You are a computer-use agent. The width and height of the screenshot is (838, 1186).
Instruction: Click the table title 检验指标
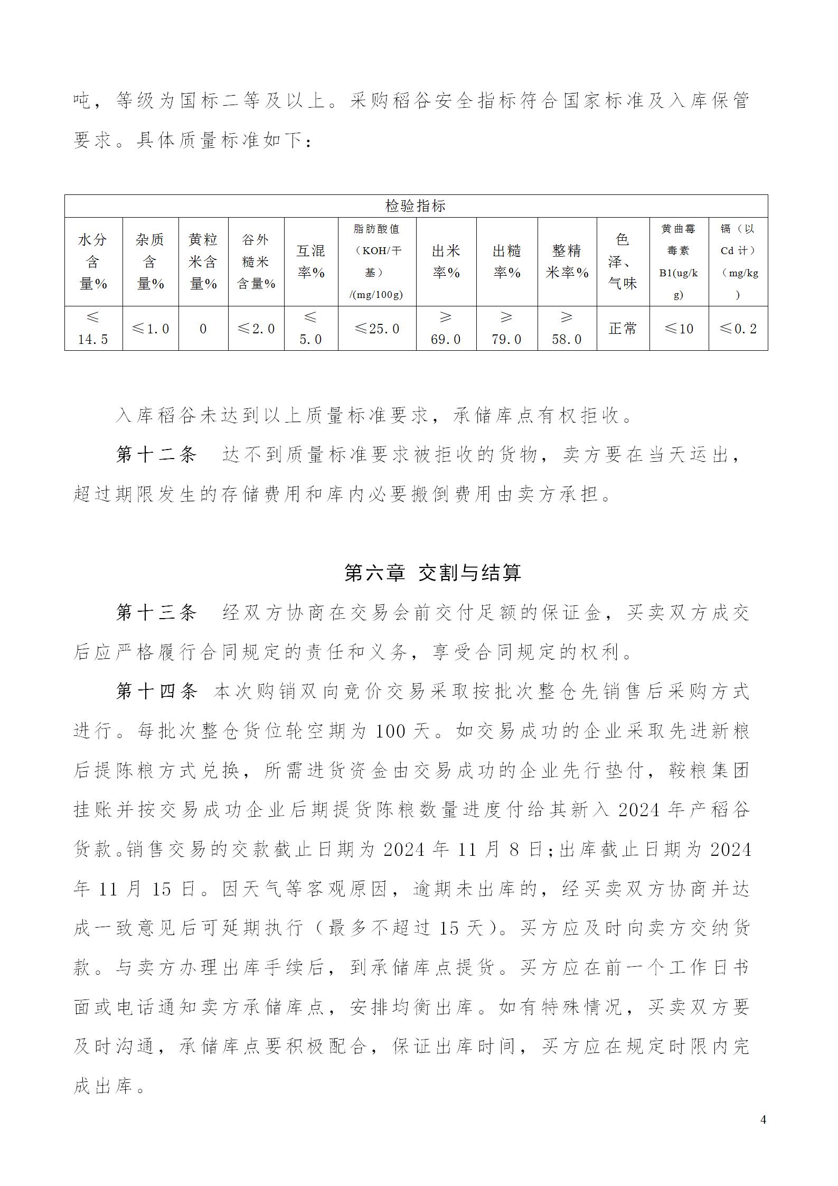[416, 206]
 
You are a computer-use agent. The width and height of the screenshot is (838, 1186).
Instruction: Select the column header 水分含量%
[93, 262]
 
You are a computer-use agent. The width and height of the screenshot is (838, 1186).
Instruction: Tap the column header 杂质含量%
[150, 262]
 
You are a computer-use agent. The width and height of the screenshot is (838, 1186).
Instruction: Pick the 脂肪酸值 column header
[376, 262]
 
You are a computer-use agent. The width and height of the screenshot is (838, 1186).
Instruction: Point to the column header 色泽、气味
[623, 262]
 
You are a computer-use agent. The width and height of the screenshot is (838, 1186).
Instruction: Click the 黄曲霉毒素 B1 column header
[679, 262]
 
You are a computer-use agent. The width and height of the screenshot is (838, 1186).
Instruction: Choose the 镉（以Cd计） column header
[738, 262]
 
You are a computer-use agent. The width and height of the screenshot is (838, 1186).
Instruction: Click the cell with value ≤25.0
[376, 329]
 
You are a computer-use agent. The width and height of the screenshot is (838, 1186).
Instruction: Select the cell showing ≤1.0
[150, 329]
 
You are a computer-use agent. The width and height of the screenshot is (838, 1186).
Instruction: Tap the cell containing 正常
[623, 329]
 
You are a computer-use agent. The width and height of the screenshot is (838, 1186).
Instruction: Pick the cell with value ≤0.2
[738, 329]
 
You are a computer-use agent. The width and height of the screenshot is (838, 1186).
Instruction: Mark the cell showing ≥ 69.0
[446, 329]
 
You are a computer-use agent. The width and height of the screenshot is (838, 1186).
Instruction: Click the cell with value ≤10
[679, 329]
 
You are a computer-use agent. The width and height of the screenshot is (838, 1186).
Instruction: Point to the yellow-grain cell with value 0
[203, 329]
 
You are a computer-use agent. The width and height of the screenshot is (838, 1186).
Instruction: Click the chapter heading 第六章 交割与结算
[432, 573]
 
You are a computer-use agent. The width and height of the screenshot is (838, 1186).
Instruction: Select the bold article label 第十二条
[156, 455]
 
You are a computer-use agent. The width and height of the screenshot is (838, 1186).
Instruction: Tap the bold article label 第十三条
[156, 612]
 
